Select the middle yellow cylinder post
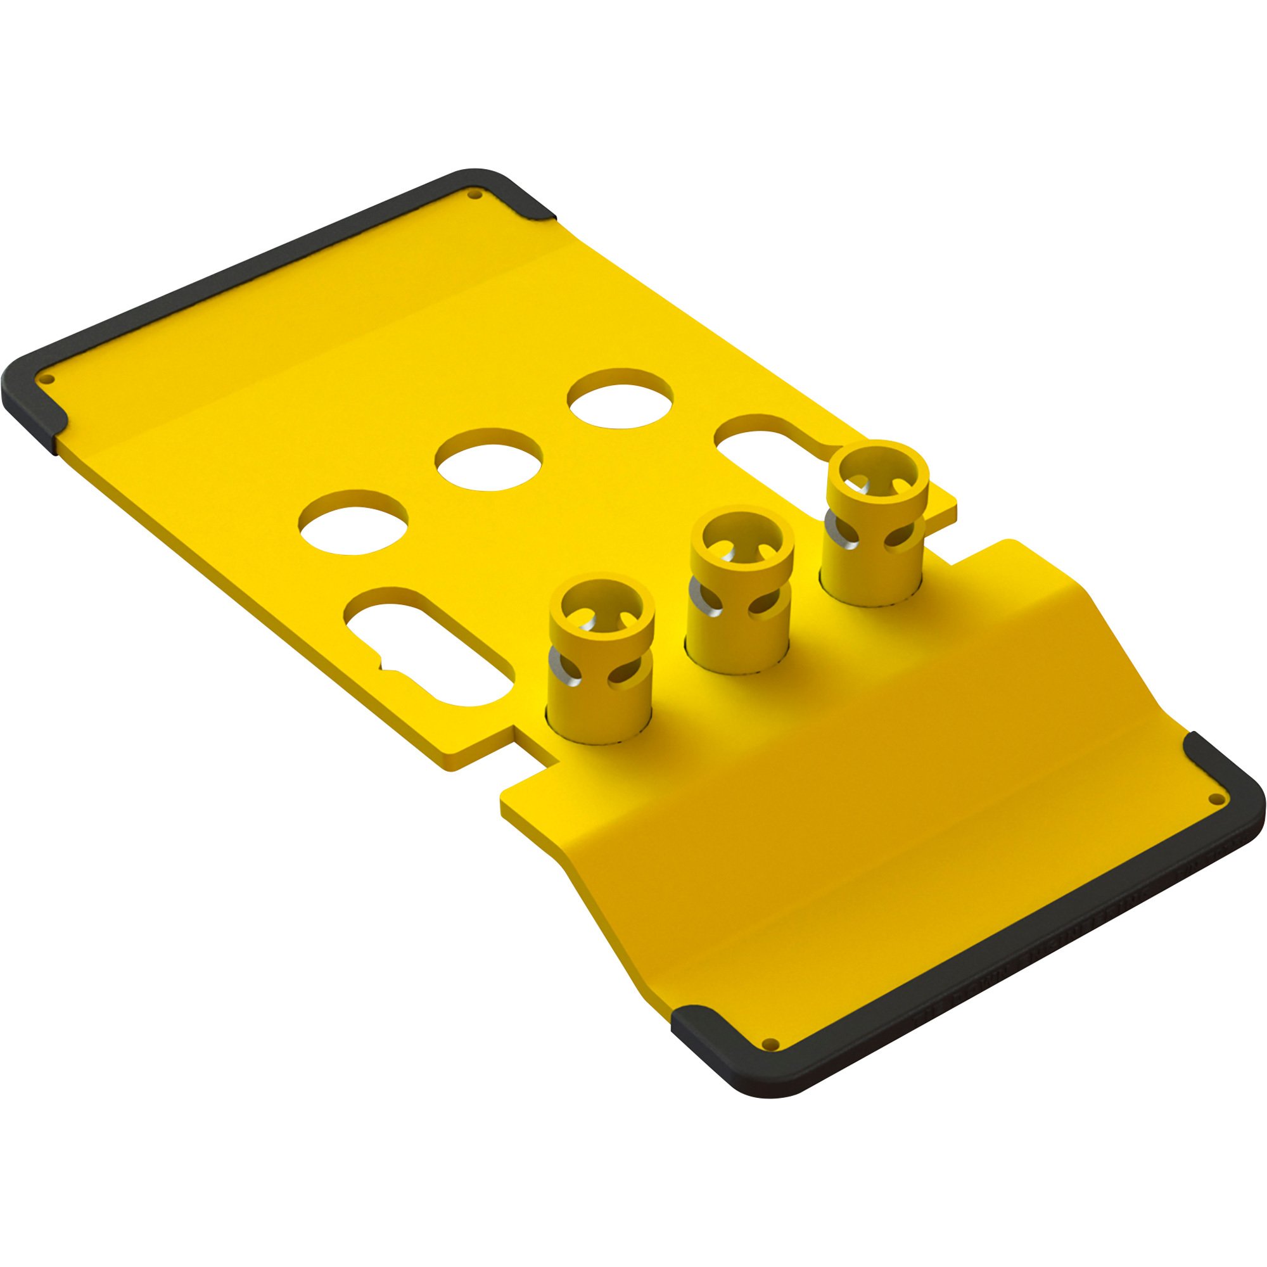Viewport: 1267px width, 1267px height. click(739, 590)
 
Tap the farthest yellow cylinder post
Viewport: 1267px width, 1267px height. click(874, 525)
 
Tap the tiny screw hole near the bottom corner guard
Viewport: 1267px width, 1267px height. click(771, 1043)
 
